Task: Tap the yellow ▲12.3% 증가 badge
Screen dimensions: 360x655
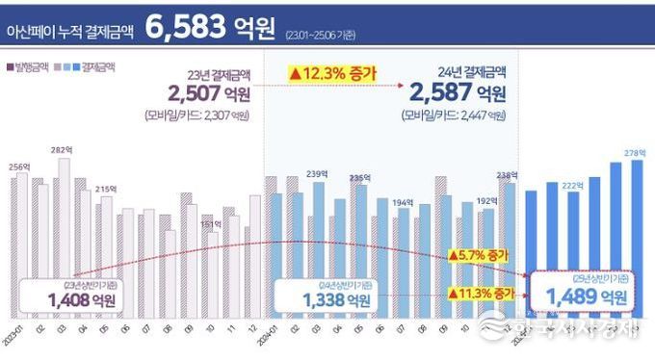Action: [331, 72]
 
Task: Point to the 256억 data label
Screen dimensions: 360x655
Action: [18, 167]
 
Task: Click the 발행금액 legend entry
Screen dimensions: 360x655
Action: [29, 67]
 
